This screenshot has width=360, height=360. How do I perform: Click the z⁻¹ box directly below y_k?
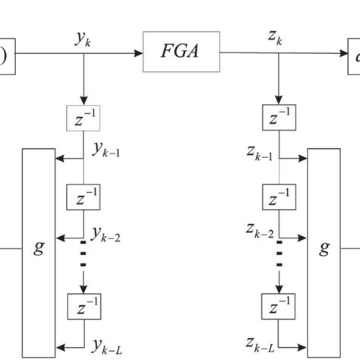(x=84, y=120)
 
